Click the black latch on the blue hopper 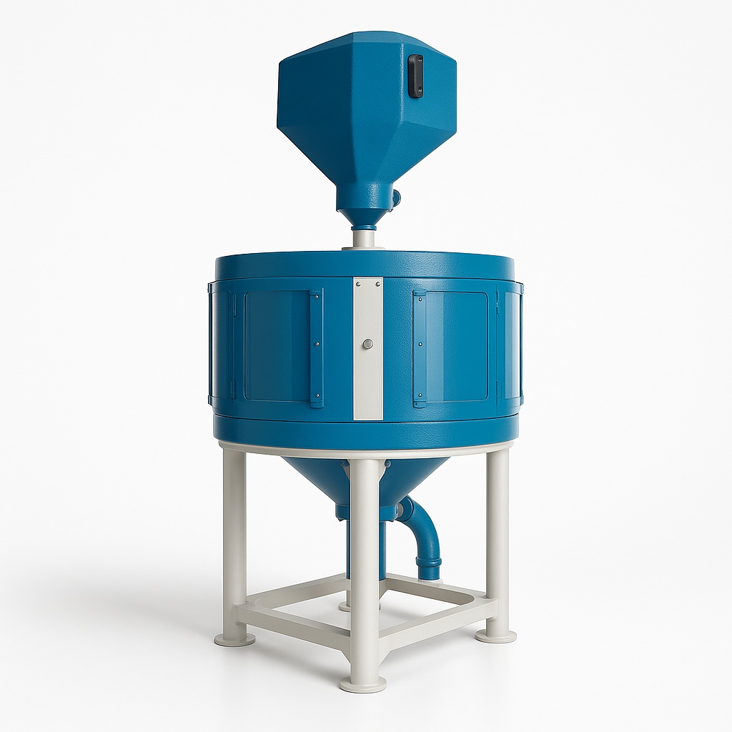click(x=415, y=75)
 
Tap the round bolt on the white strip click(x=367, y=344)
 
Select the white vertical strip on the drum click(x=367, y=379)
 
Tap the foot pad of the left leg click(x=234, y=638)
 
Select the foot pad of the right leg click(x=497, y=634)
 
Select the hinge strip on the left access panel click(x=316, y=347)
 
